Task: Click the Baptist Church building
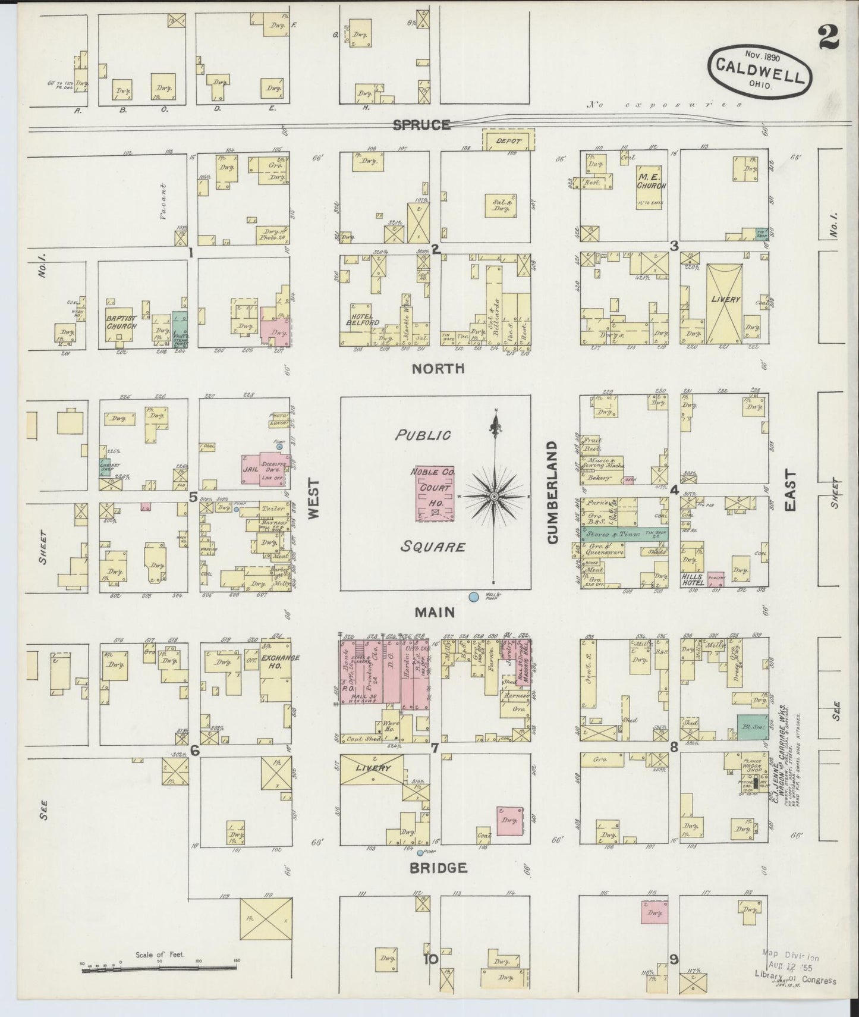point(121,323)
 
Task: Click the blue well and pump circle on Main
point(474,597)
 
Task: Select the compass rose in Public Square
point(494,495)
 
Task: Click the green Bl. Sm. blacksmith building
point(751,726)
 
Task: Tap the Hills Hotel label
point(693,580)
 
